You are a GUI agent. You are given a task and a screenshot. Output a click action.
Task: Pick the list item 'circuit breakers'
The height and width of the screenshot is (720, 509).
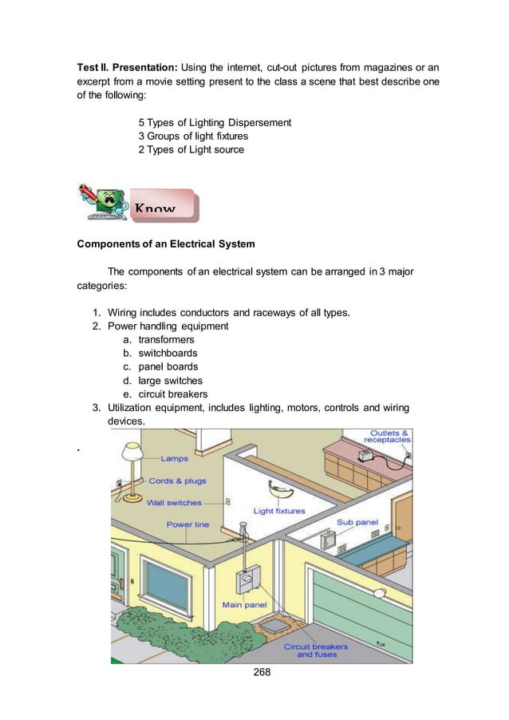(172, 394)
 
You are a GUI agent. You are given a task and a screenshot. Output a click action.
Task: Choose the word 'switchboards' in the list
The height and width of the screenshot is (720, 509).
(168, 353)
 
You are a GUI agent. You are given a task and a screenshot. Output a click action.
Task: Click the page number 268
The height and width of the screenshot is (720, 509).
(262, 671)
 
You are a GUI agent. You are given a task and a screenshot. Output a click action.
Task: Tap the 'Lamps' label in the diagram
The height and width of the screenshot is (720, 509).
(175, 459)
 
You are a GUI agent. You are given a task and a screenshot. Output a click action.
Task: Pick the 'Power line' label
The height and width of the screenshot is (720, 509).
(187, 524)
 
